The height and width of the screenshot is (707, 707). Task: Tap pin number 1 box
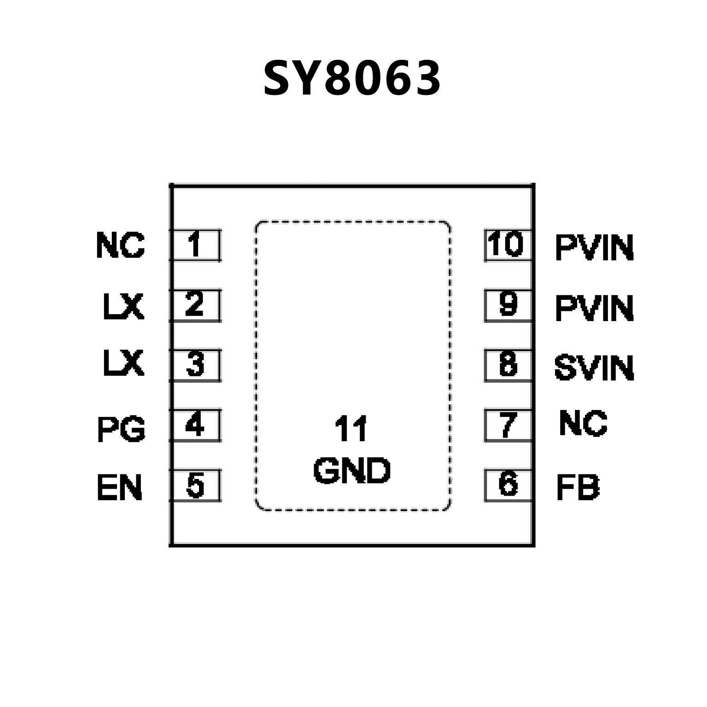click(x=195, y=245)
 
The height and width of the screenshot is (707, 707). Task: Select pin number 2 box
click(x=195, y=305)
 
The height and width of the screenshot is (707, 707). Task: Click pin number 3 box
click(x=195, y=365)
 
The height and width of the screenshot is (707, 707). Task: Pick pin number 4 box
click(x=195, y=425)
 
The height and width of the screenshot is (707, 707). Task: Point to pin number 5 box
click(x=195, y=485)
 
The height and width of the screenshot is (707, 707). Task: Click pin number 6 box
click(x=508, y=485)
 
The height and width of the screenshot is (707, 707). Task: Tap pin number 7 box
click(x=508, y=425)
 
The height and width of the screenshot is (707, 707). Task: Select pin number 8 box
click(x=508, y=365)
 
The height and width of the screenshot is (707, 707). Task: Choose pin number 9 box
click(x=508, y=305)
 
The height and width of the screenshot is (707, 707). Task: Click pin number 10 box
click(x=508, y=245)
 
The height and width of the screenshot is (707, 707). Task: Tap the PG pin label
click(x=121, y=429)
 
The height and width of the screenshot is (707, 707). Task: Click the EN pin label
click(x=119, y=488)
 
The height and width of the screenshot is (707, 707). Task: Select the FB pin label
click(x=578, y=488)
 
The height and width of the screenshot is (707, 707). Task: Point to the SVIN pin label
click(x=594, y=368)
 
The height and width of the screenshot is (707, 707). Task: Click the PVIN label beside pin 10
click(x=594, y=248)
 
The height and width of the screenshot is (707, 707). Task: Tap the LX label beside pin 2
click(x=123, y=307)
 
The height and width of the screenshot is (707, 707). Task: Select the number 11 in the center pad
click(x=351, y=429)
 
